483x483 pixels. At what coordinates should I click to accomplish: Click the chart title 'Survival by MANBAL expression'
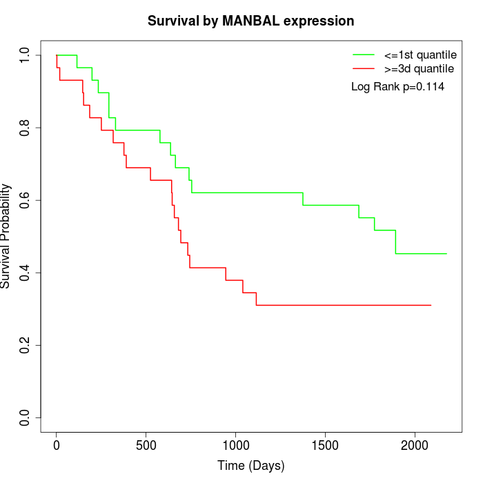(251, 21)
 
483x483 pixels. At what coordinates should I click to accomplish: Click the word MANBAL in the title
(249, 21)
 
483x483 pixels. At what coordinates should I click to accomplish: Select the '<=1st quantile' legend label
(420, 55)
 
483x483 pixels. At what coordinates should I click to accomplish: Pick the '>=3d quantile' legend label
(419, 69)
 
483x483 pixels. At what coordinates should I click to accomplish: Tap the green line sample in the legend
(364, 55)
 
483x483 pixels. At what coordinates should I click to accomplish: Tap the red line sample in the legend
(364, 69)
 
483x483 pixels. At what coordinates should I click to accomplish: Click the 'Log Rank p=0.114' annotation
(397, 87)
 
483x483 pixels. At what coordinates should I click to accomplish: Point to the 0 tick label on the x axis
(57, 446)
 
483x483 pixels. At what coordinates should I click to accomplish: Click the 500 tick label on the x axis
(146, 446)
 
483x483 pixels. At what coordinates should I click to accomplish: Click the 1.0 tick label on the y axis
(26, 55)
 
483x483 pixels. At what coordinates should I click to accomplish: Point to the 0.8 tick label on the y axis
(26, 128)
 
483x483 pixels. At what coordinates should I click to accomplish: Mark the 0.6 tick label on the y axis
(26, 200)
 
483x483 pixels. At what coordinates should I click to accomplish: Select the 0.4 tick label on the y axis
(26, 273)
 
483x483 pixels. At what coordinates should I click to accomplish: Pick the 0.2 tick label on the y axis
(26, 345)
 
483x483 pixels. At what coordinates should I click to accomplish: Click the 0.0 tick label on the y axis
(26, 417)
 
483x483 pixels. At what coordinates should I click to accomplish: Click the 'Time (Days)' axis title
(251, 466)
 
